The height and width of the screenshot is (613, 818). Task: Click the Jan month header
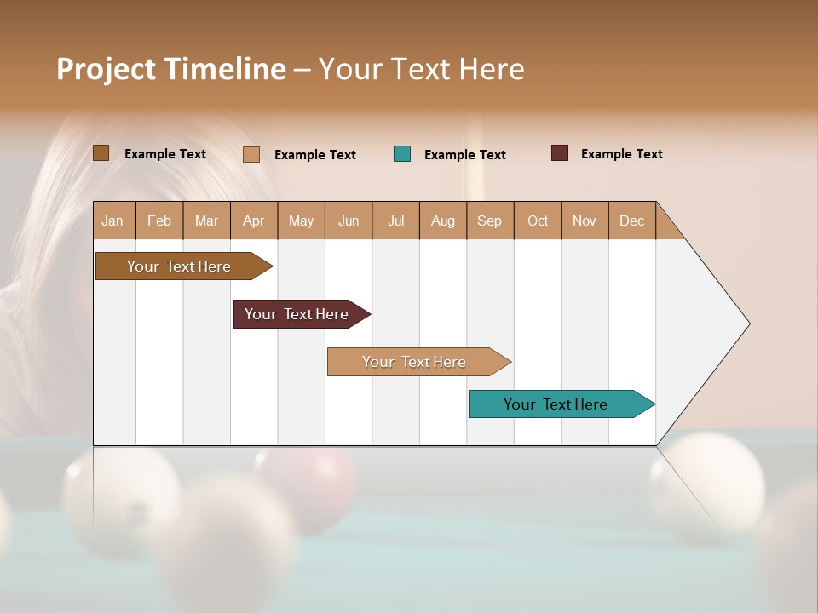pos(112,221)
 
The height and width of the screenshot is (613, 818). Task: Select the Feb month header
pos(159,221)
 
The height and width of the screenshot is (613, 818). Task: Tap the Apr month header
pos(253,221)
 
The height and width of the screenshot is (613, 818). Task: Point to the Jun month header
pos(349,221)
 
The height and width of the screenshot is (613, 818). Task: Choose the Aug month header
pos(442,221)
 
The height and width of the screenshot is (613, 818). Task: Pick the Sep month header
pos(489,221)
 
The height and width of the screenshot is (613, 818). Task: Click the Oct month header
pos(538,221)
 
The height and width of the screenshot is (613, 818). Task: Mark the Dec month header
pos(631,221)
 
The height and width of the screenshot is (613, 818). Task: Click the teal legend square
pos(402,154)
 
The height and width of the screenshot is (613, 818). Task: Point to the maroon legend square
pos(560,153)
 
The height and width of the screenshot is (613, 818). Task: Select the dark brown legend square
pos(101,153)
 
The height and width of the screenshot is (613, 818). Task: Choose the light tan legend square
pos(251,154)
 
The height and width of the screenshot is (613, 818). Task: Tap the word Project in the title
pos(106,69)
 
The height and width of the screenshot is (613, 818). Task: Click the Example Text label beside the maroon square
pos(621,154)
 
